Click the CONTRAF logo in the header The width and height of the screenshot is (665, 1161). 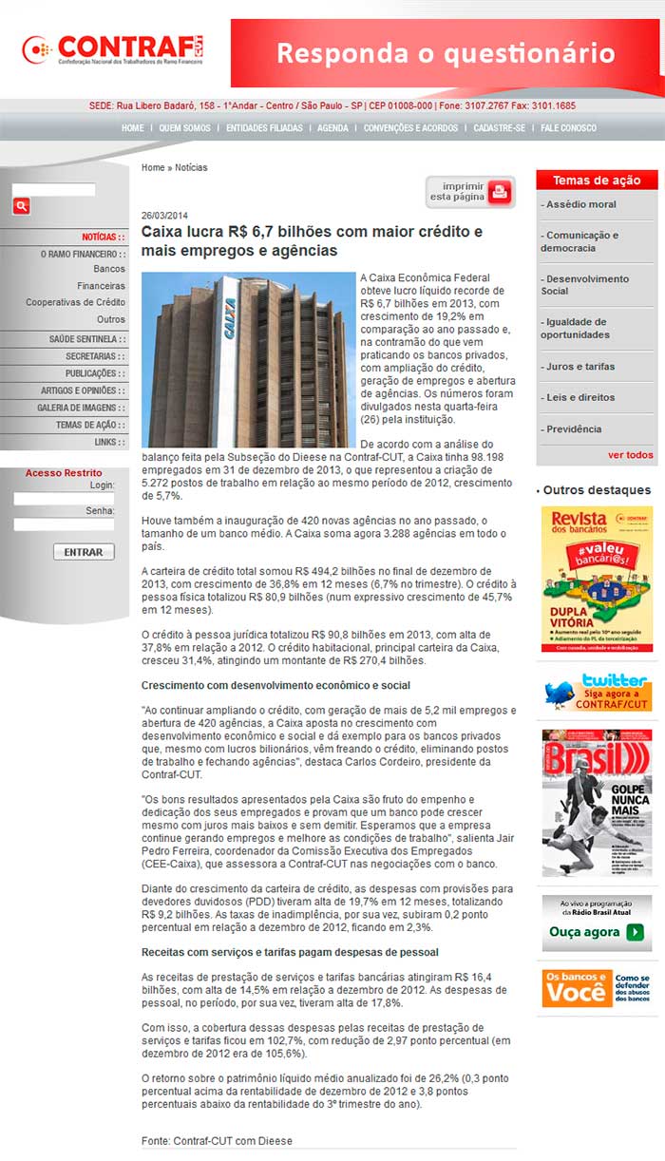[x=114, y=49]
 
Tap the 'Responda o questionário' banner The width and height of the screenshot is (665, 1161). [x=446, y=53]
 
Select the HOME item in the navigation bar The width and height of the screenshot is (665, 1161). [x=132, y=128]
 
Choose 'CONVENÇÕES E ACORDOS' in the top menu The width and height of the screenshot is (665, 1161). [x=410, y=128]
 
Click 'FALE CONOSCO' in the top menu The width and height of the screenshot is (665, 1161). [x=568, y=128]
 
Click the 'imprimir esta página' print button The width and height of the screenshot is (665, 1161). [x=469, y=192]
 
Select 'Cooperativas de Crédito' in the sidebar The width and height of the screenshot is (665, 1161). [x=75, y=302]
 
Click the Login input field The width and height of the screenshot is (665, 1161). [x=64, y=498]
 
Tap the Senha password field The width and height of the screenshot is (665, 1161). [x=64, y=523]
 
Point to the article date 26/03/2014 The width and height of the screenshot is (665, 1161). [x=165, y=216]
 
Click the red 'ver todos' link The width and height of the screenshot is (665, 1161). [x=630, y=455]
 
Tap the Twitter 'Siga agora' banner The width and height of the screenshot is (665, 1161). [x=597, y=691]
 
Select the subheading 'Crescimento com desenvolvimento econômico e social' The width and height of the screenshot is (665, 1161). [x=275, y=684]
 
